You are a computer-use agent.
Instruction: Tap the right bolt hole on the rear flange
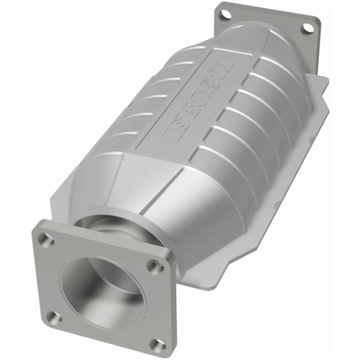coord(307,28)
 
